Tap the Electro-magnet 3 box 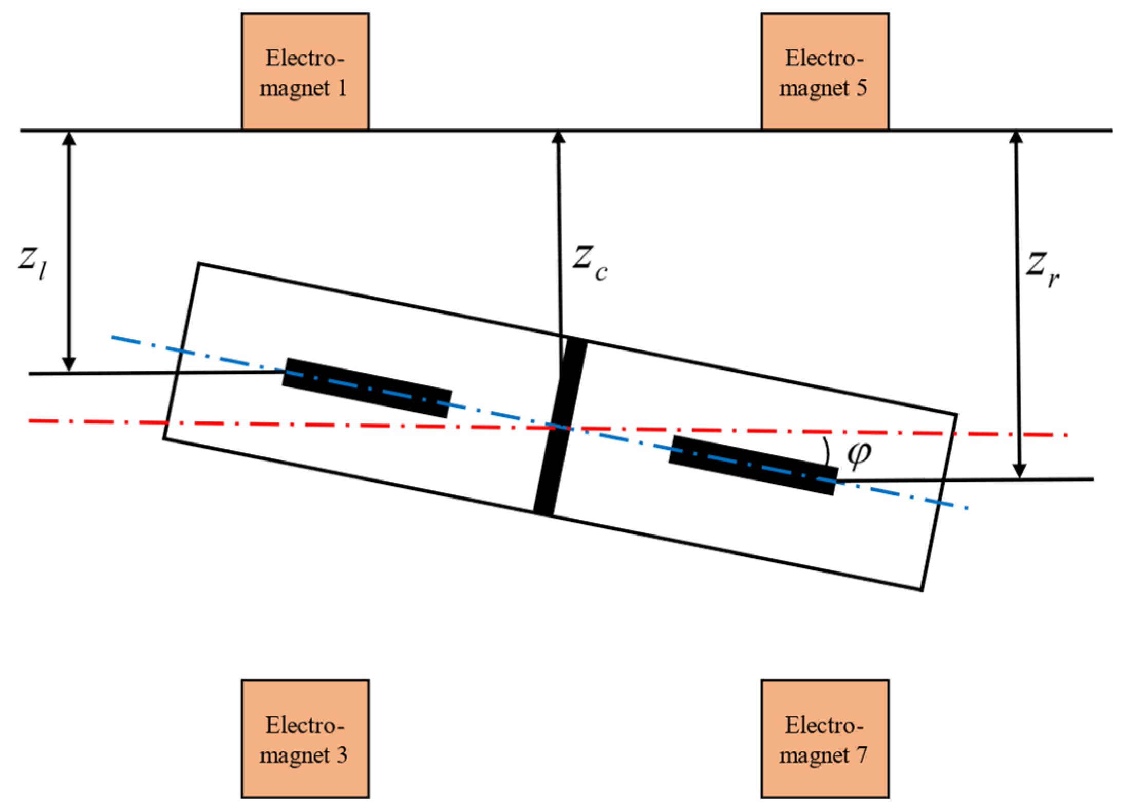tap(305, 739)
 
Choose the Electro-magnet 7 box tap(824, 739)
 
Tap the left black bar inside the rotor tap(367, 387)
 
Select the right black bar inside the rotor tap(753, 465)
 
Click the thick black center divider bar tap(560, 427)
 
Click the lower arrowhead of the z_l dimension tap(69, 364)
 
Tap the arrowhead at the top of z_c tap(558, 138)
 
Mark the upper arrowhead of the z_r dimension tap(1016, 138)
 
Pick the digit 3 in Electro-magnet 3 tap(341, 755)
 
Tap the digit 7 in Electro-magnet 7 tap(861, 755)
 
